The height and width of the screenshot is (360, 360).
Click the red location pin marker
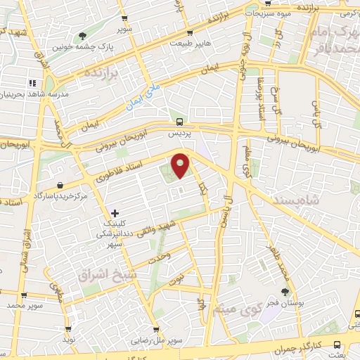[x=181, y=165]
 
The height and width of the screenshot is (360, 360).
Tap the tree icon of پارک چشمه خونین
[x=84, y=36]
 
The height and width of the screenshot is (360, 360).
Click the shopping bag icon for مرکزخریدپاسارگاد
[x=60, y=184]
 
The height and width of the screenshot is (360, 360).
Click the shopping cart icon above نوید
[x=67, y=328]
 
